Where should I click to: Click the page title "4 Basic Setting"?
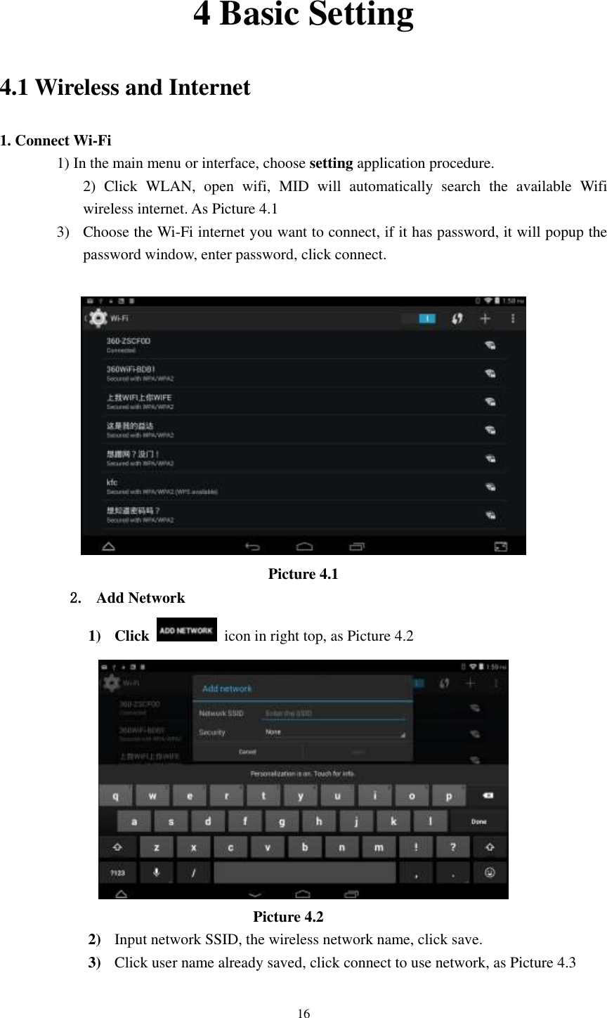tap(303, 15)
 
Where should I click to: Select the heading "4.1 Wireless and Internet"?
tap(125, 88)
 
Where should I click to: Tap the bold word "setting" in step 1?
tap(331, 164)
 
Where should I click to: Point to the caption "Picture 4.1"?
tap(303, 574)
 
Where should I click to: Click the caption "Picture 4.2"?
tap(288, 917)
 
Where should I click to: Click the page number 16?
tap(303, 1013)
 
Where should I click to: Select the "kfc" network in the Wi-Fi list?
tap(162, 488)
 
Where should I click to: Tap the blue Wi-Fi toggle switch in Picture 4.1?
tap(426, 319)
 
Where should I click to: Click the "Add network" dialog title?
tap(227, 689)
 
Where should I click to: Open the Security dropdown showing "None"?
tap(334, 732)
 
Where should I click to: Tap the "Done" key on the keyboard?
tap(478, 821)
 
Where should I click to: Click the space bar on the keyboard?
tap(304, 873)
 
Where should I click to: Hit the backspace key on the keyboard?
tap(488, 795)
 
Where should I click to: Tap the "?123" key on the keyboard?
tap(117, 873)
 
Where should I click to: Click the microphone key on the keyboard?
tap(155, 873)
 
